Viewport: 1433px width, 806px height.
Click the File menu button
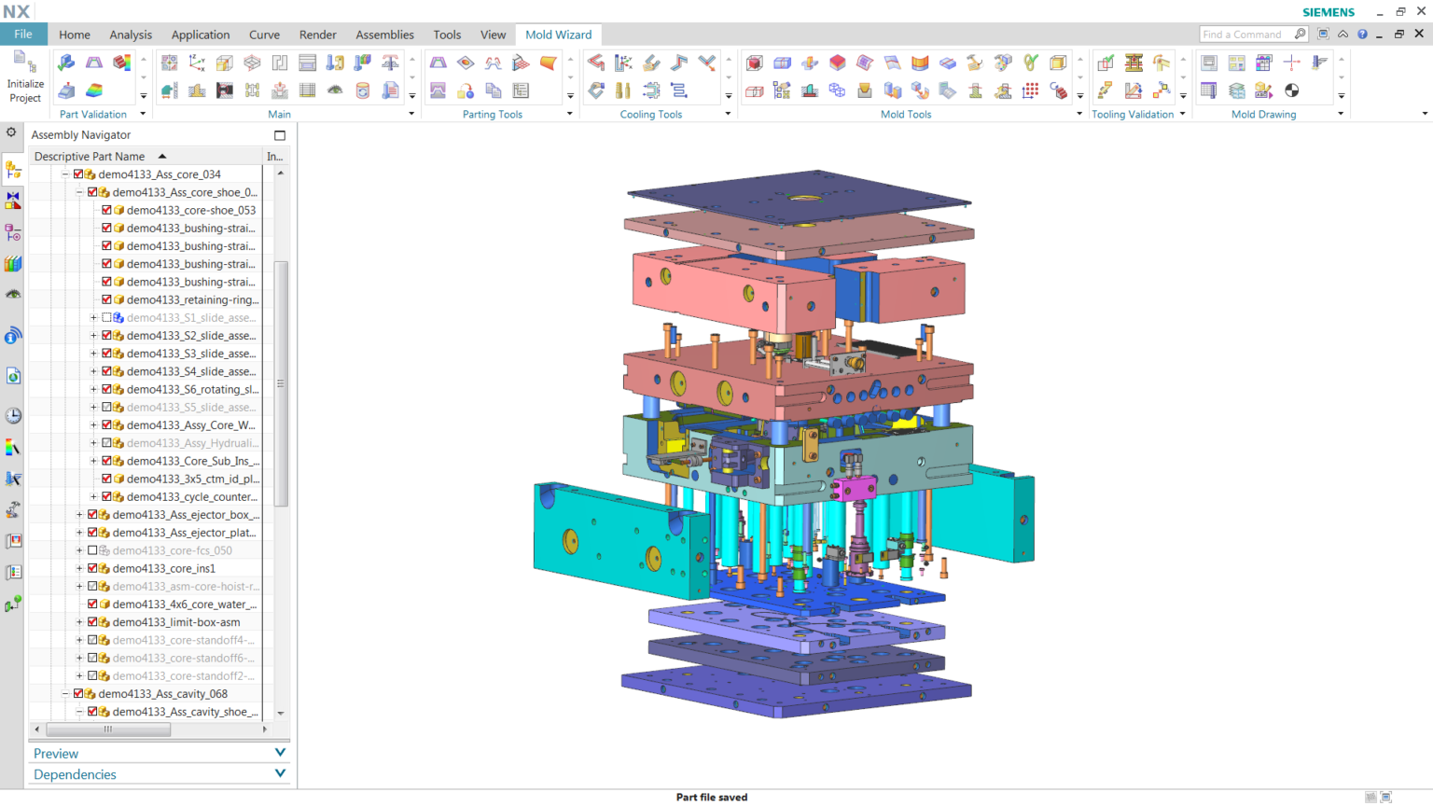[x=23, y=35]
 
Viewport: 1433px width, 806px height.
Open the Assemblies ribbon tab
[x=384, y=35]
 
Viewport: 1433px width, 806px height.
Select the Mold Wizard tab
[x=558, y=35]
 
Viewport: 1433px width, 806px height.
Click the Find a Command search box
[x=1245, y=35]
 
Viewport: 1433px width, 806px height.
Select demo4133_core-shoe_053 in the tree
[x=190, y=210]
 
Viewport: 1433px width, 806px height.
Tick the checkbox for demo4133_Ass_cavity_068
[x=78, y=694]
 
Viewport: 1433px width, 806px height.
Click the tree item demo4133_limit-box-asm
[x=175, y=622]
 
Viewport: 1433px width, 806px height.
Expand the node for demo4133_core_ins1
[x=79, y=568]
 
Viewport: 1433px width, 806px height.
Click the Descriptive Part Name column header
[x=90, y=157]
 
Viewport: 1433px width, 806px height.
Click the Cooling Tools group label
[x=650, y=115]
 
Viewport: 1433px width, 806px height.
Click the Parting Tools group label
[x=492, y=115]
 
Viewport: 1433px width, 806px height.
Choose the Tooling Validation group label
[x=1132, y=115]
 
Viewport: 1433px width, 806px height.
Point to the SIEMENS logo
[x=1328, y=12]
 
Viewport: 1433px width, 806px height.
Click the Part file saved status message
[x=711, y=798]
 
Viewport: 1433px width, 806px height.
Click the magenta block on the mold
[x=855, y=489]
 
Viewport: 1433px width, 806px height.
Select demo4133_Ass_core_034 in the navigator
[x=159, y=174]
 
